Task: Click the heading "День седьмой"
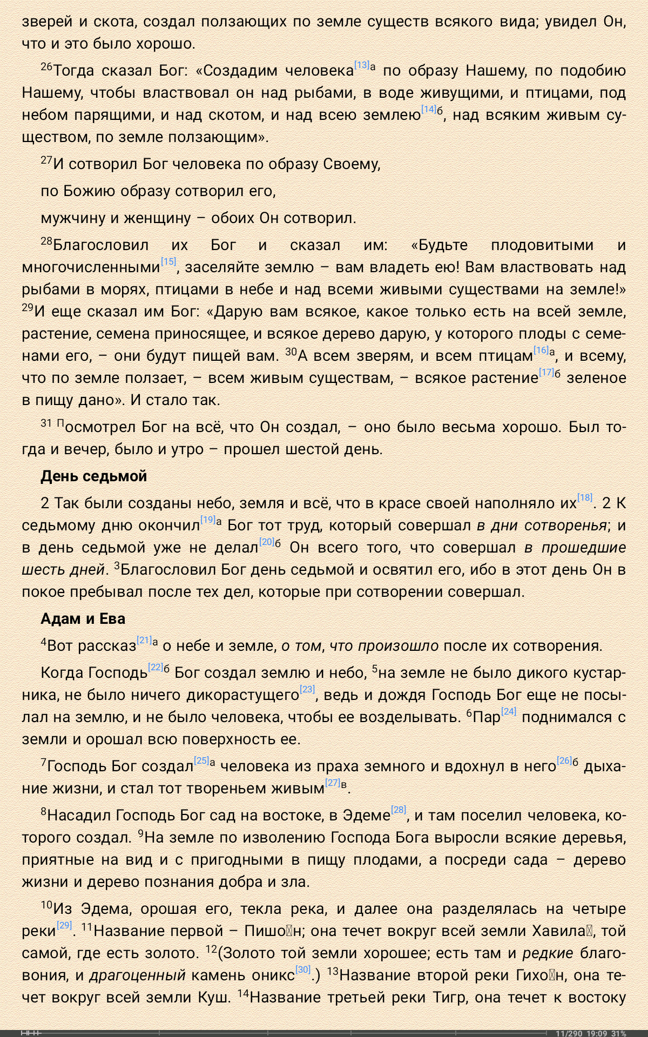pos(93,476)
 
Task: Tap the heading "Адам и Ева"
pos(83,619)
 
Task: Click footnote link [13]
pos(362,65)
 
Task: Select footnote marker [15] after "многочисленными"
pos(168,262)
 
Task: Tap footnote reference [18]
pos(585,498)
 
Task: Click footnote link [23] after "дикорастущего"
pos(307,689)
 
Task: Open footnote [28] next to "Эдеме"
pos(399,810)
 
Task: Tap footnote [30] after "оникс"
pos(303,969)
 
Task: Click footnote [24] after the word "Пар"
pos(509,712)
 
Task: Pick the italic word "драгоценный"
pos(137,975)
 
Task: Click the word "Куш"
pos(215,997)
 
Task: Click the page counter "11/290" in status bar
pos(569,1033)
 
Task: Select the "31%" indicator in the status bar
pos(619,1033)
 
